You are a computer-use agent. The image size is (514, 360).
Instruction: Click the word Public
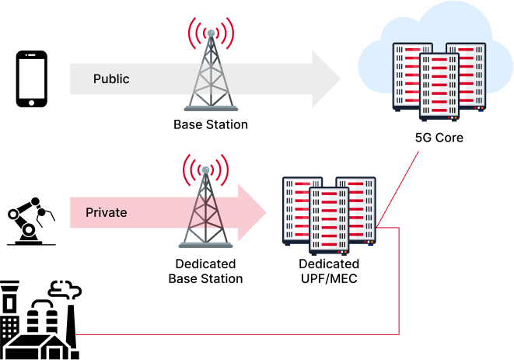coord(111,79)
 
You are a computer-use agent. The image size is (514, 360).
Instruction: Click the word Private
coord(107,212)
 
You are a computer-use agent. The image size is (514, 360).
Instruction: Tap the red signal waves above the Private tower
coord(205,168)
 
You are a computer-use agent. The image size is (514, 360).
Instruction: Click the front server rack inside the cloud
coord(439,86)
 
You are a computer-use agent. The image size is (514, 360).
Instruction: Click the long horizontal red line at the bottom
coord(233,334)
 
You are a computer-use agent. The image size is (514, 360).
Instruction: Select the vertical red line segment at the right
coord(399,280)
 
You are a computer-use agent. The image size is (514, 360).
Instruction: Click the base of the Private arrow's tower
coord(205,245)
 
